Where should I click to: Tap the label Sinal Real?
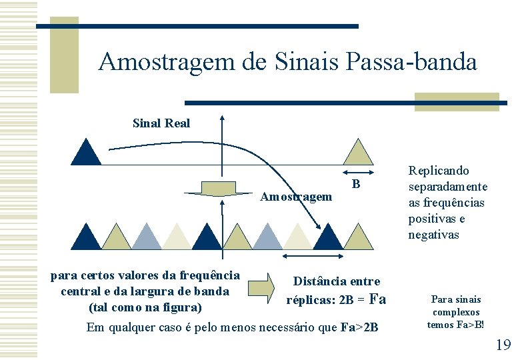click(x=161, y=123)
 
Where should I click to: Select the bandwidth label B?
click(x=357, y=184)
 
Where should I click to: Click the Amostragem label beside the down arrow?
click(x=296, y=197)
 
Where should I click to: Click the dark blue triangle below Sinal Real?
click(x=86, y=153)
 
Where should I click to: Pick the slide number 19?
click(x=503, y=345)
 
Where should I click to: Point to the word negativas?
click(x=433, y=235)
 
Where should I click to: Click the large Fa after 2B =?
click(x=377, y=299)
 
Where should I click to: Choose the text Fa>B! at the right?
click(x=469, y=325)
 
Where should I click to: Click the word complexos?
click(x=456, y=312)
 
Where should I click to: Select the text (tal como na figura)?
click(x=144, y=307)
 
